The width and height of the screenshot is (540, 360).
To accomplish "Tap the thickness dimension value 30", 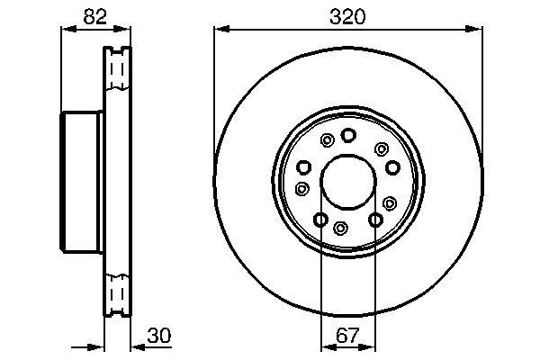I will pos(158,336).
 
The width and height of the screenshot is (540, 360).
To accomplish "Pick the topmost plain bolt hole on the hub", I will pos(348,135).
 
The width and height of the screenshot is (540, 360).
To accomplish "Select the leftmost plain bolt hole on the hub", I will pos(303,166).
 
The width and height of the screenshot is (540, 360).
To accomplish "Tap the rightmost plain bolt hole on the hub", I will pos(391,166).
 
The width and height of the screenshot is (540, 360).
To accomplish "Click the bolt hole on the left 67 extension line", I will pos(320,219).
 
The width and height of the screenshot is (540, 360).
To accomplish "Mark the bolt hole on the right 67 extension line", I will pos(375,219).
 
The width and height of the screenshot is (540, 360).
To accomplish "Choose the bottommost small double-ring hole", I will pos(341,228).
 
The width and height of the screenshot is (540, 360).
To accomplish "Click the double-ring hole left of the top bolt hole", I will pos(327,139).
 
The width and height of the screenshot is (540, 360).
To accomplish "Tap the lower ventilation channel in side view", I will pos(115,293).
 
